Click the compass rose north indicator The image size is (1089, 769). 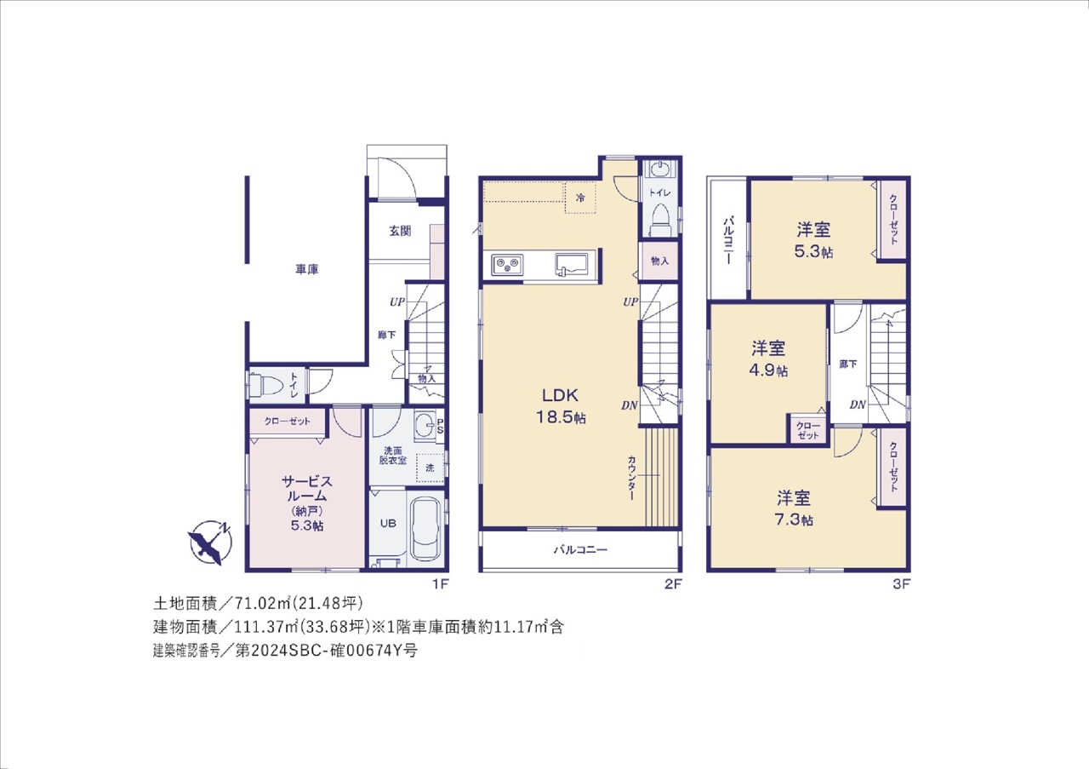point(209,542)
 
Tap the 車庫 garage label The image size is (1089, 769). point(307,269)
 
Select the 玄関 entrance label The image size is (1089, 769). point(400,231)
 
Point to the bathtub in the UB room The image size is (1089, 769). point(425,529)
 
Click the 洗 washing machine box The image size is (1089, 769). point(430,468)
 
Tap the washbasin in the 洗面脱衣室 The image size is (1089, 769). point(425,427)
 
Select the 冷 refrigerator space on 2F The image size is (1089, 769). point(580,198)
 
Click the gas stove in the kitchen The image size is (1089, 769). point(507,265)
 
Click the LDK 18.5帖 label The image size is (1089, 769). point(561,406)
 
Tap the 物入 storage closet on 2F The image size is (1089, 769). point(659,261)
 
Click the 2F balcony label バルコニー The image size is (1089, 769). point(580,550)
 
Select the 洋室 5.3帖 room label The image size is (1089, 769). point(813,240)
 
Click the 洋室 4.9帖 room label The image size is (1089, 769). point(768,359)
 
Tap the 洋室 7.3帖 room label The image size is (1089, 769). point(794,508)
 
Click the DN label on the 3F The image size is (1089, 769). point(858,405)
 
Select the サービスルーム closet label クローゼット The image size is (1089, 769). point(287,422)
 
